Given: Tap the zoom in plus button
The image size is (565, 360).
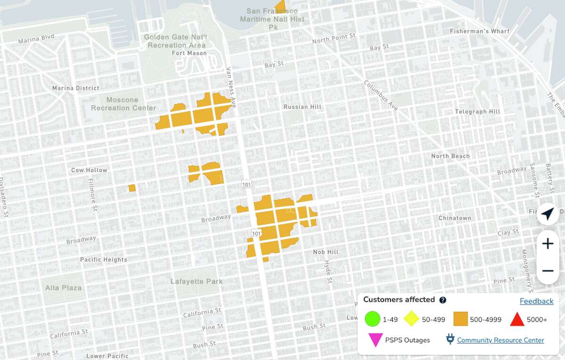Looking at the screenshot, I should point(548,244).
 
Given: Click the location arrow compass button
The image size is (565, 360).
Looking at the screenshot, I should point(548,214).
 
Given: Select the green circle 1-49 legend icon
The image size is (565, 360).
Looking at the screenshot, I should point(372,319).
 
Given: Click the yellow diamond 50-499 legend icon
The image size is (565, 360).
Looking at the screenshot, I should point(412,319).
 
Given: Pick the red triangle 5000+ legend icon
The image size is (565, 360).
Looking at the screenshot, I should point(517,320).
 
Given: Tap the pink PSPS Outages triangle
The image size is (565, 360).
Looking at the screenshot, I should point(375,340).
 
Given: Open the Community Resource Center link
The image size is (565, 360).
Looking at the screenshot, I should point(500,340).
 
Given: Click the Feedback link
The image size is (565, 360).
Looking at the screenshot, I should point(536,301).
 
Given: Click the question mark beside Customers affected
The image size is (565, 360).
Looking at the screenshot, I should point(443,300).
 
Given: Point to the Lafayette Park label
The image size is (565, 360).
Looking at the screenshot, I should point(197,281).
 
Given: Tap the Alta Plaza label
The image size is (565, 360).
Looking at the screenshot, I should point(63,288).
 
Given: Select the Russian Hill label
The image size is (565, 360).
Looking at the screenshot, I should point(302,107).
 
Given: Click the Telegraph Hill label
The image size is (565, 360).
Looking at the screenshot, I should point(477,112).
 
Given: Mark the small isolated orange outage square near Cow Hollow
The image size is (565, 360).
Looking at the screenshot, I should point(132,188).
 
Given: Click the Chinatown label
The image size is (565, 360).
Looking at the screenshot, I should point(454,218).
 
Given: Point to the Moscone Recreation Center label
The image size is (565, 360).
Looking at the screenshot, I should point(123,104).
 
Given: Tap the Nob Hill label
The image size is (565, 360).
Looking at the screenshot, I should point(326,252).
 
